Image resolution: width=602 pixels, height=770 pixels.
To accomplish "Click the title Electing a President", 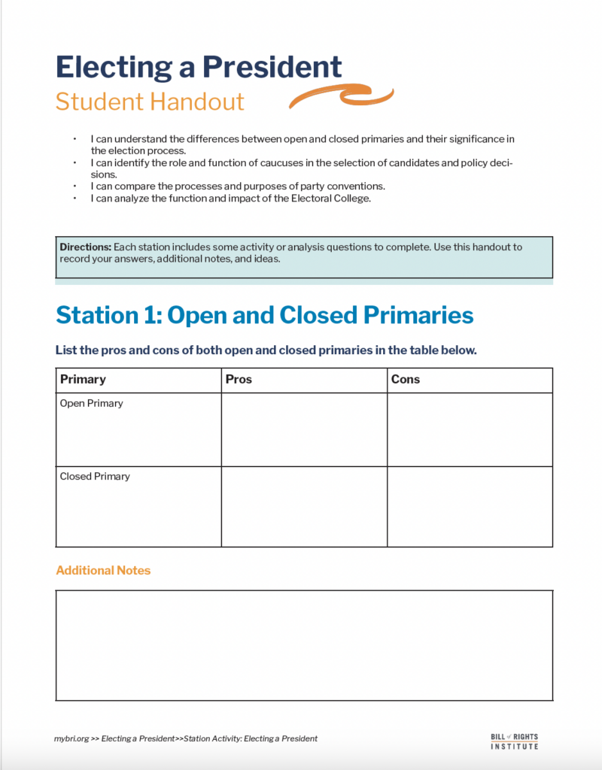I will click(x=199, y=67).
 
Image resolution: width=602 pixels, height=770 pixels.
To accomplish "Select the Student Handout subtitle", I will click(x=150, y=102).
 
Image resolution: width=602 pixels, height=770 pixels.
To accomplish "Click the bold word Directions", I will click(x=85, y=247).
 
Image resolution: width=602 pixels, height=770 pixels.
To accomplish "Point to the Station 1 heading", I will click(x=265, y=315).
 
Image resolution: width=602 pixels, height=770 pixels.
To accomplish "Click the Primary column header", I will click(x=83, y=380).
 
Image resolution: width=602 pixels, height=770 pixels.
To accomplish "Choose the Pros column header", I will click(x=239, y=380).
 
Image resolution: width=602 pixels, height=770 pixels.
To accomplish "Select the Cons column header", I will click(x=405, y=380).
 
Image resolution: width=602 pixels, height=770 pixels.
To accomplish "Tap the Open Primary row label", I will click(x=91, y=404).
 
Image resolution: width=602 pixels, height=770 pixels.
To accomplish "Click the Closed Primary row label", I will click(x=95, y=477).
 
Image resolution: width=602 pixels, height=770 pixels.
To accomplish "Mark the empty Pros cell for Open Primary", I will click(x=304, y=429).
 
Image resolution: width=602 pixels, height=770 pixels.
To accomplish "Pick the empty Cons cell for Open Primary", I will click(x=470, y=429).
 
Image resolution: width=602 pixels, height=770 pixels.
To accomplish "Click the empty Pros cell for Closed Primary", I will click(x=304, y=506).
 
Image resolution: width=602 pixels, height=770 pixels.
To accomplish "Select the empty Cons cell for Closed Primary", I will click(x=470, y=506).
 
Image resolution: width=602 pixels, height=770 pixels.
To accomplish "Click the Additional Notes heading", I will click(x=103, y=571).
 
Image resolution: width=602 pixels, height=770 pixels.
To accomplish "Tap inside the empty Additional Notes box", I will click(x=304, y=645).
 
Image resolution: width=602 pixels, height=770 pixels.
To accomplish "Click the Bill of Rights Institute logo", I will click(x=514, y=741).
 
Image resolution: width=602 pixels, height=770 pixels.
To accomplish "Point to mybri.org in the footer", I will click(x=70, y=738).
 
